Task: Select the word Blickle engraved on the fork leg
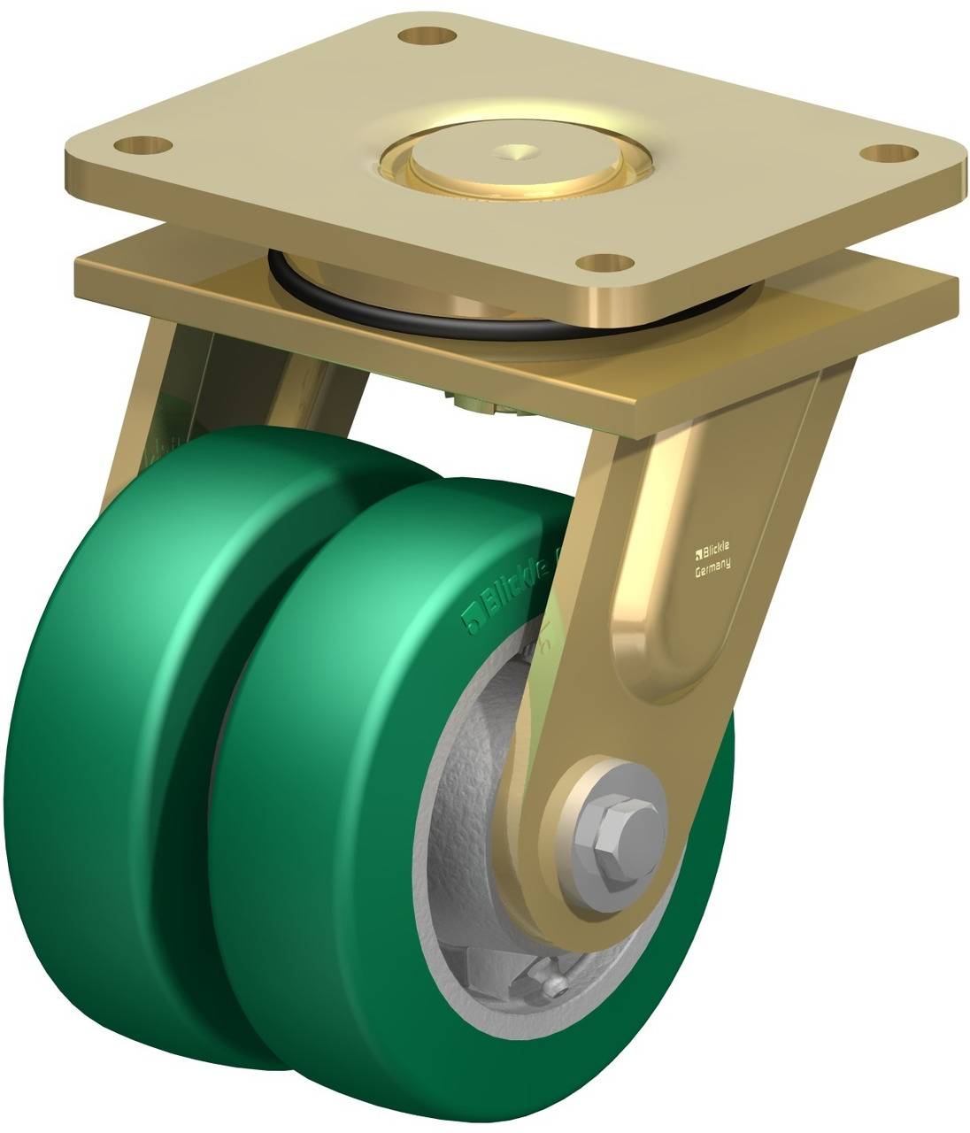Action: (x=714, y=551)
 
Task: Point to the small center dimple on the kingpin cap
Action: (x=516, y=151)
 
